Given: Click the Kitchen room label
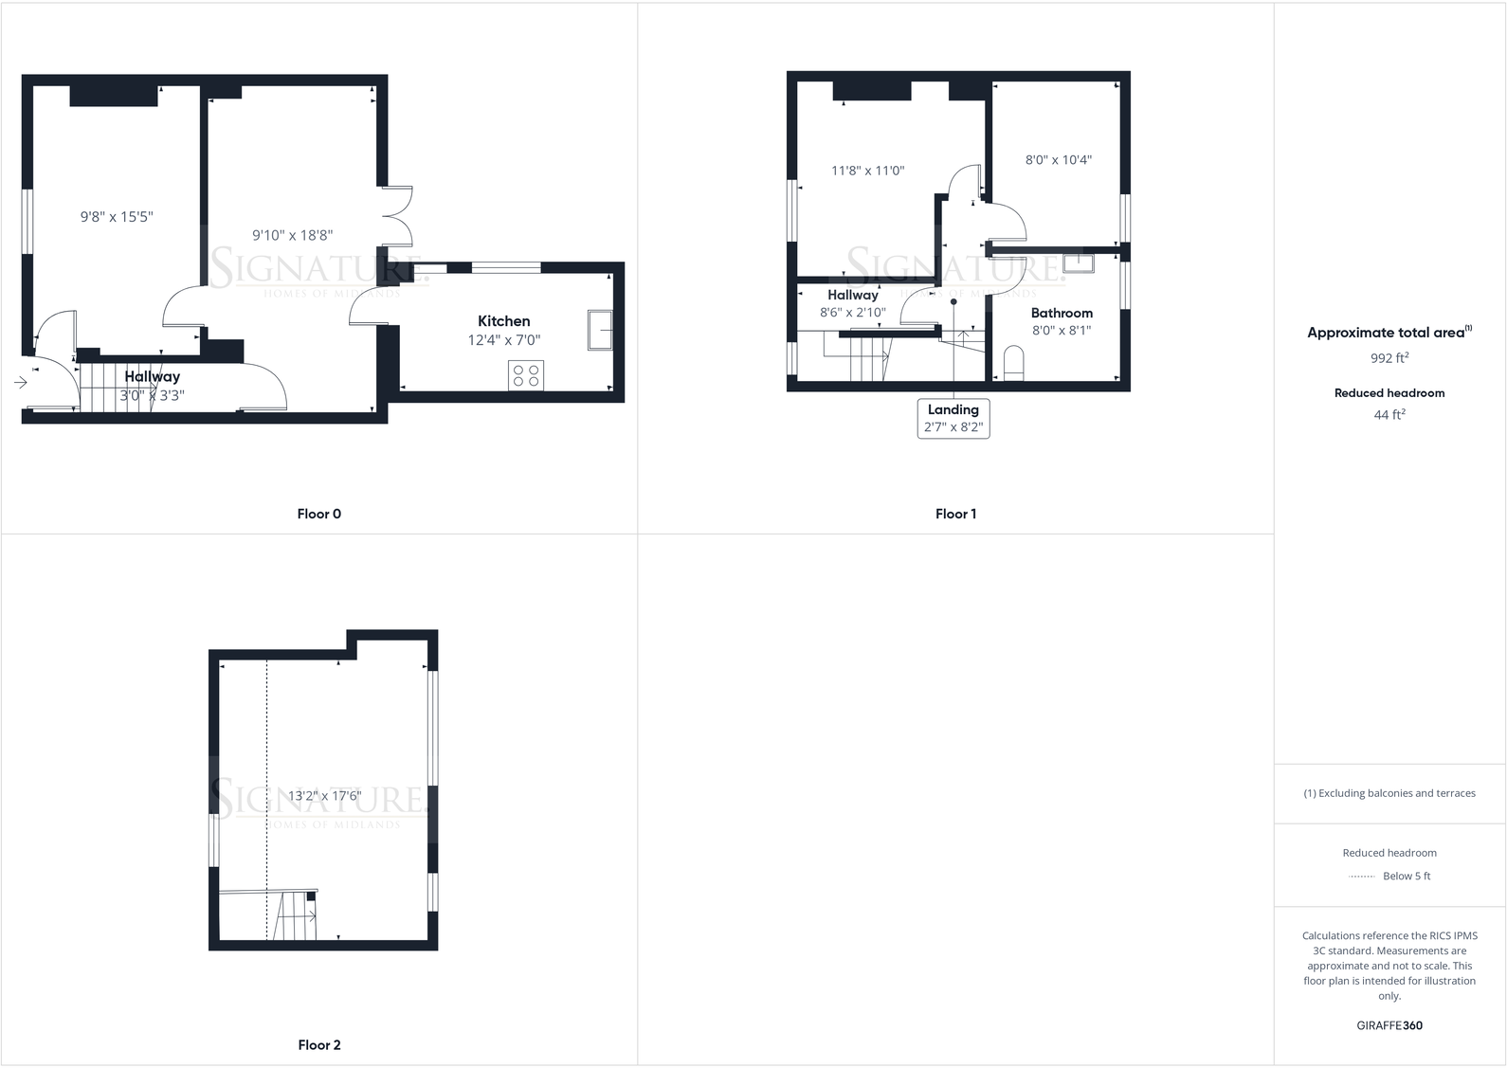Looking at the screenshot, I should point(503,321).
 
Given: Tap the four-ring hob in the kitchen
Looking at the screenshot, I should point(526,375).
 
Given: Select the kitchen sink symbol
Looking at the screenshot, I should point(600,330).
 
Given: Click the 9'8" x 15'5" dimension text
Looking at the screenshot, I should point(117,217).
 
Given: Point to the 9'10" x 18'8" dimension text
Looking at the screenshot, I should point(292,235).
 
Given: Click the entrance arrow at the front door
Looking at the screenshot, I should point(21,383).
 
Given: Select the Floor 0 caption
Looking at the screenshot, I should point(318,514).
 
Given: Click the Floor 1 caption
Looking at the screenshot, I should point(955,514).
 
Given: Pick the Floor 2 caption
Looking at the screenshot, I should point(318,1045).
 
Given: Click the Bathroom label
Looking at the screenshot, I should point(1062,313).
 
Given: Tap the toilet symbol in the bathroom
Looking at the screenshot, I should point(1013,363).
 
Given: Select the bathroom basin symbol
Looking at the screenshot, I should point(1079,262).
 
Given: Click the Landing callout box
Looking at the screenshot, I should point(953,418).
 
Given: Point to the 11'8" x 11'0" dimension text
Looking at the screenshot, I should point(868,171).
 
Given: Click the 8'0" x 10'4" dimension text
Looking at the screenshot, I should point(1059,160).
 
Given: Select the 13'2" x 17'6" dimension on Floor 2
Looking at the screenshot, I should point(324,796).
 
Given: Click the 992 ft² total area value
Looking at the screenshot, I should point(1389,358).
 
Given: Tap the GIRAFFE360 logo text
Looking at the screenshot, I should point(1389,1025).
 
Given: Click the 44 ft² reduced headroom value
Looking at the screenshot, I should point(1389,414).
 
